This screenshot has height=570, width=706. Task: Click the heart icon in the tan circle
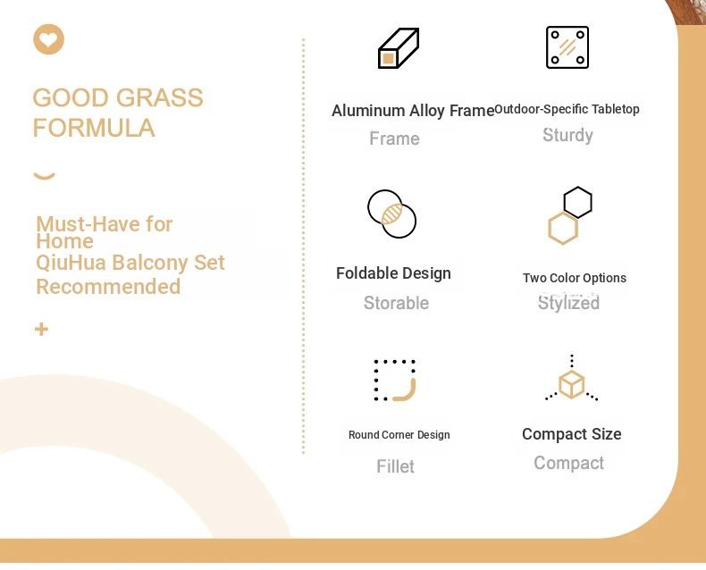48,39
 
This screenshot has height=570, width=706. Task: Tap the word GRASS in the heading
160,97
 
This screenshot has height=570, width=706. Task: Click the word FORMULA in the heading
94,128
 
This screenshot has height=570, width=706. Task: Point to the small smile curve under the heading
44,176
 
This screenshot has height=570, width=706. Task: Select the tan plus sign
41,329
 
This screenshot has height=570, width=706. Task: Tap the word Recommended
108,287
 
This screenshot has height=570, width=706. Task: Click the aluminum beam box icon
399,48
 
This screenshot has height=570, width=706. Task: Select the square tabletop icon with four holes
567,47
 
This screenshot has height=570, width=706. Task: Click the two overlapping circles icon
391,214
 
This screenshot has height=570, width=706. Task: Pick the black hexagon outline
577,202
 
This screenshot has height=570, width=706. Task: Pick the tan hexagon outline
563,229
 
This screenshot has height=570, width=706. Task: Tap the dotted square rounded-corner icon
395,380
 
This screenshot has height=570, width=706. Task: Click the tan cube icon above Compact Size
571,384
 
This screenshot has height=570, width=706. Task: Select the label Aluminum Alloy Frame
413,111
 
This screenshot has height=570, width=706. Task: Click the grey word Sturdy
567,135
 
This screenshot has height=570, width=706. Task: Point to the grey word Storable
396,303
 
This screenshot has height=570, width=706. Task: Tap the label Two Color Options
575,278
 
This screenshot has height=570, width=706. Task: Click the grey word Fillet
395,466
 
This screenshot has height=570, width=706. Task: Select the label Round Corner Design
399,435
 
